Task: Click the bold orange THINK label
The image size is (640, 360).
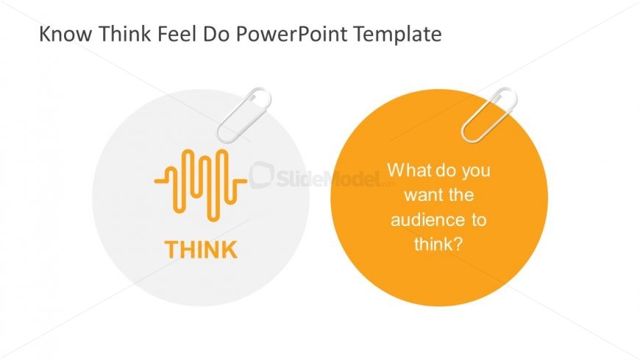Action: pyautogui.click(x=201, y=250)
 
